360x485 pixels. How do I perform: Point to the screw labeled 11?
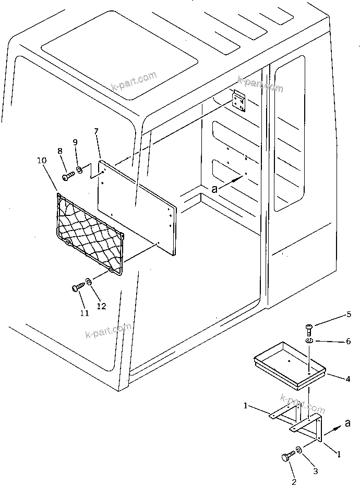(x=78, y=286)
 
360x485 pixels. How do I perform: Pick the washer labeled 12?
(x=89, y=282)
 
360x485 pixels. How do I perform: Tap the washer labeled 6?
(x=309, y=341)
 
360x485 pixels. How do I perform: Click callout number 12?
(x=101, y=306)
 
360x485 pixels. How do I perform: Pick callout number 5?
(x=349, y=314)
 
